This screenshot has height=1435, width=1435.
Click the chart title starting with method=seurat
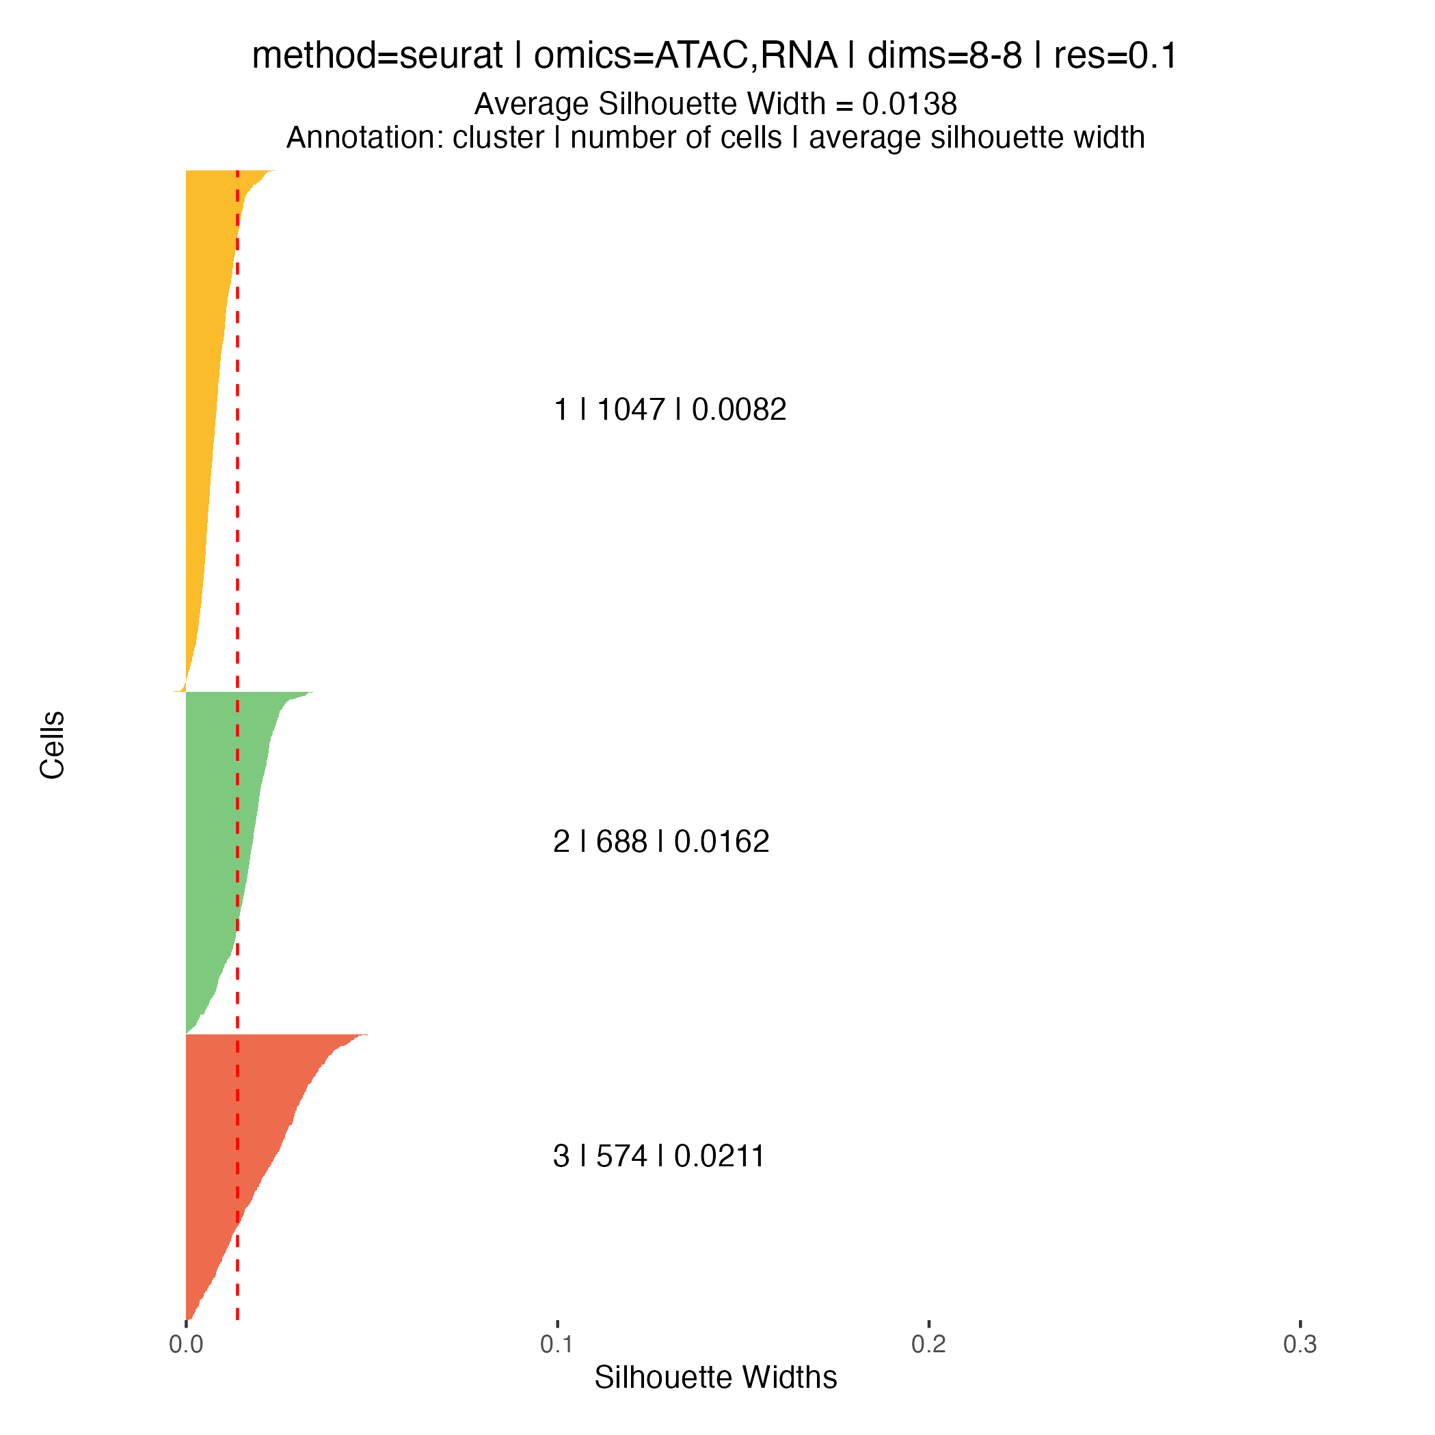(x=714, y=57)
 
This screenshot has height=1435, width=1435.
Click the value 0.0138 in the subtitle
(x=909, y=105)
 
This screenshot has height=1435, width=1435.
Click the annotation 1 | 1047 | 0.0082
(x=670, y=410)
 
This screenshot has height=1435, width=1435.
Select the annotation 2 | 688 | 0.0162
(x=661, y=842)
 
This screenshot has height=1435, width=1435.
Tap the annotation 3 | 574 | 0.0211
(x=659, y=1157)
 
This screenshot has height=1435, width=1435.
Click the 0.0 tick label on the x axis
(x=186, y=1344)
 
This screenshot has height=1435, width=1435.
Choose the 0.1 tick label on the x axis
(x=557, y=1344)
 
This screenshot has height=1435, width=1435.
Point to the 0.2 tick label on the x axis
(x=928, y=1344)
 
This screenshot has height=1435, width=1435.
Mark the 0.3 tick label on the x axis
(x=1300, y=1344)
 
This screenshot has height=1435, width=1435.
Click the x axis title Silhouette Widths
(x=715, y=1378)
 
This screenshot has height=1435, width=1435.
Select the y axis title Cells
(x=53, y=745)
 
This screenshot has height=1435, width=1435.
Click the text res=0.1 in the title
(x=1116, y=57)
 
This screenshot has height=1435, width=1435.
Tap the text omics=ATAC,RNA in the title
(x=686, y=57)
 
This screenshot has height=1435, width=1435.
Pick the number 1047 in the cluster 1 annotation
(x=630, y=410)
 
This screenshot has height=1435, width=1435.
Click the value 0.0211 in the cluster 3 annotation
(x=720, y=1157)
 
